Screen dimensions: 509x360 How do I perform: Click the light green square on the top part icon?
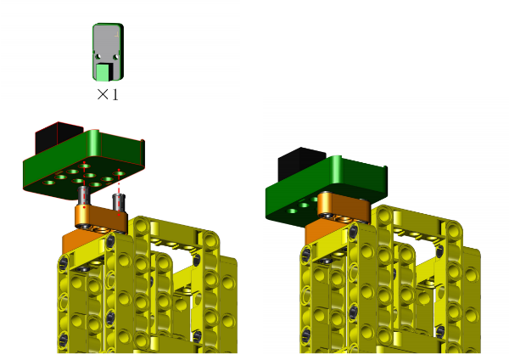coord(103,72)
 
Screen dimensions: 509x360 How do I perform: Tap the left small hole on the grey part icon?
coord(98,57)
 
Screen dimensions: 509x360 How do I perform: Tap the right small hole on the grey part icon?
coord(115,57)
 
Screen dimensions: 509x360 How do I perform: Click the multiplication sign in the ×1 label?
coord(103,94)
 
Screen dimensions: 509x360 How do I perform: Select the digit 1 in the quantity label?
coord(115,94)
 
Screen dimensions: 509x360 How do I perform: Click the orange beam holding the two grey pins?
coord(101,219)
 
